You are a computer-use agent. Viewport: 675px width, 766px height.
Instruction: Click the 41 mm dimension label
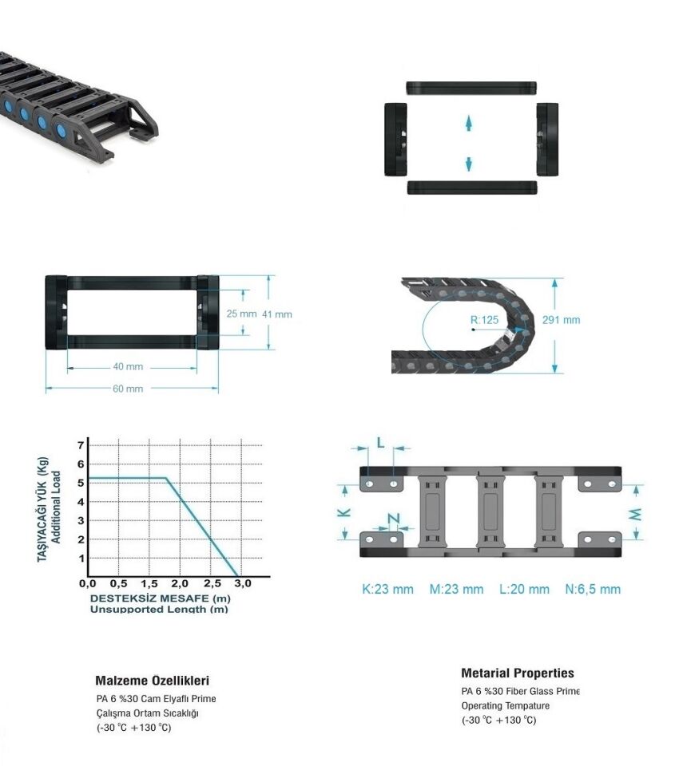click(277, 314)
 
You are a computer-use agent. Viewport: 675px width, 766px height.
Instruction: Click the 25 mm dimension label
click(241, 314)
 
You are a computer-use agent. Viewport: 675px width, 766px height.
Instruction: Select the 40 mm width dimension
click(128, 366)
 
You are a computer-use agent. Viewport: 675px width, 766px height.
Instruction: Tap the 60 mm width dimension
click(128, 389)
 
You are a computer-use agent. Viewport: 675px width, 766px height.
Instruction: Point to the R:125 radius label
click(484, 320)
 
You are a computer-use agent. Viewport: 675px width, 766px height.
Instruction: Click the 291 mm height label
click(561, 320)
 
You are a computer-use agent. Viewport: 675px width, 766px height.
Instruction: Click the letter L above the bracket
click(380, 443)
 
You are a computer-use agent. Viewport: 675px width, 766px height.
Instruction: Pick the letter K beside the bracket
click(344, 512)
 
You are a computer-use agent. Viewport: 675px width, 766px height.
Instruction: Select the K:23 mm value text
click(387, 589)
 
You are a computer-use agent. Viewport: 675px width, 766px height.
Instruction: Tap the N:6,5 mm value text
click(593, 589)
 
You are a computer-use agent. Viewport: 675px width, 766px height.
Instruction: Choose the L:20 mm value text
click(524, 589)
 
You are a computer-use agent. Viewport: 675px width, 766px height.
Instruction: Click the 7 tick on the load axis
click(81, 445)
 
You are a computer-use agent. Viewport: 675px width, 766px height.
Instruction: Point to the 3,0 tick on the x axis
click(243, 583)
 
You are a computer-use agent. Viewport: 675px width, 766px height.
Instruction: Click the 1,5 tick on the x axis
click(149, 583)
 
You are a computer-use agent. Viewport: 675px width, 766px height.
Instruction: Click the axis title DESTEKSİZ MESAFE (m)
click(160, 598)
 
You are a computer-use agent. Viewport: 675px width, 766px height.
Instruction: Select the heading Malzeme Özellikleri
click(152, 681)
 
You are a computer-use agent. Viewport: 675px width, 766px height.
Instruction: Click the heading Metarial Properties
click(518, 673)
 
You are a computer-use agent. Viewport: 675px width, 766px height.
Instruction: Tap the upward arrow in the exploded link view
click(469, 123)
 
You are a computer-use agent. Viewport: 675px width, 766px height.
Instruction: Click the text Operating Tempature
click(506, 706)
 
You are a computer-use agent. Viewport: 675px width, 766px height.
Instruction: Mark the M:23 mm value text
click(456, 589)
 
